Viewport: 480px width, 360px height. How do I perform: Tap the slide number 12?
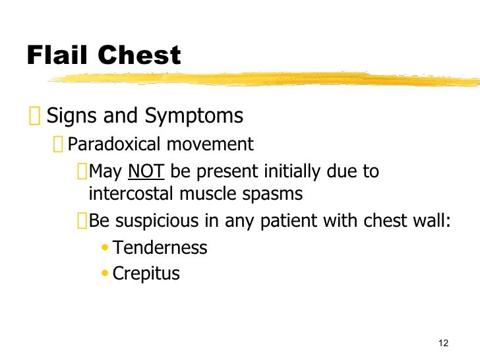coord(442,342)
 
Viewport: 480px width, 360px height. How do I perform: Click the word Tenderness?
coord(160,248)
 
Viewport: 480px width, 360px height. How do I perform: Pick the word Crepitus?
coord(146,273)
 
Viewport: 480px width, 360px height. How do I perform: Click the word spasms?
coord(273,195)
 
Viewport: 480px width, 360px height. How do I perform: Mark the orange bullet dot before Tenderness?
coord(106,249)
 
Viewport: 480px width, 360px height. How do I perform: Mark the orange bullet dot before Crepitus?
coord(106,274)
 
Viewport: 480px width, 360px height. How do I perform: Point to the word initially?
coord(293,173)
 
